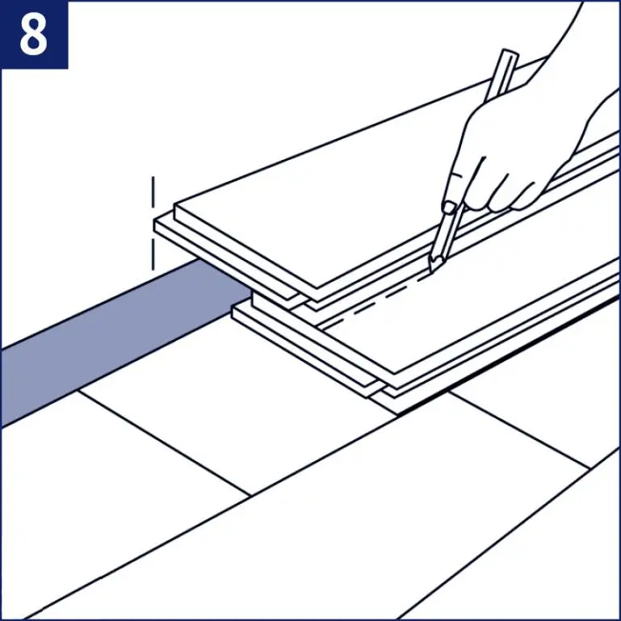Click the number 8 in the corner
34,34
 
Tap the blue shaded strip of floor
97,339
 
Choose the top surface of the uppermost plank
323,202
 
